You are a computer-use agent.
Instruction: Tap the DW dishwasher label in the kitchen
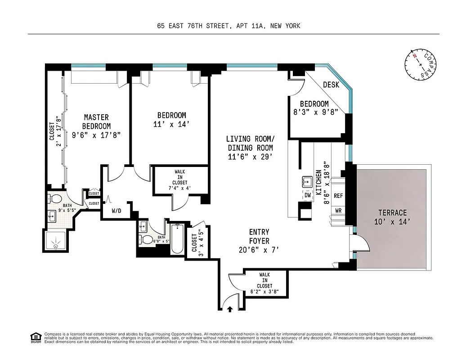(x=308, y=195)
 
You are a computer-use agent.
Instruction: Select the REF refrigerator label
(x=338, y=196)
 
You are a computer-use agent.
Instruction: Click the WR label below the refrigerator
(x=338, y=210)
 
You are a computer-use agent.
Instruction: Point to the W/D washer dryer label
(x=116, y=210)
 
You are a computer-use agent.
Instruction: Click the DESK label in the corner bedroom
(x=331, y=84)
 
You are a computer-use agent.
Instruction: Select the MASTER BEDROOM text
(x=96, y=122)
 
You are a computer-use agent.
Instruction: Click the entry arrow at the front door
(x=230, y=309)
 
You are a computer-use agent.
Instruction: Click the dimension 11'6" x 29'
(x=250, y=156)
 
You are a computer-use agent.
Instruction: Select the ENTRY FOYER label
(x=259, y=236)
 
